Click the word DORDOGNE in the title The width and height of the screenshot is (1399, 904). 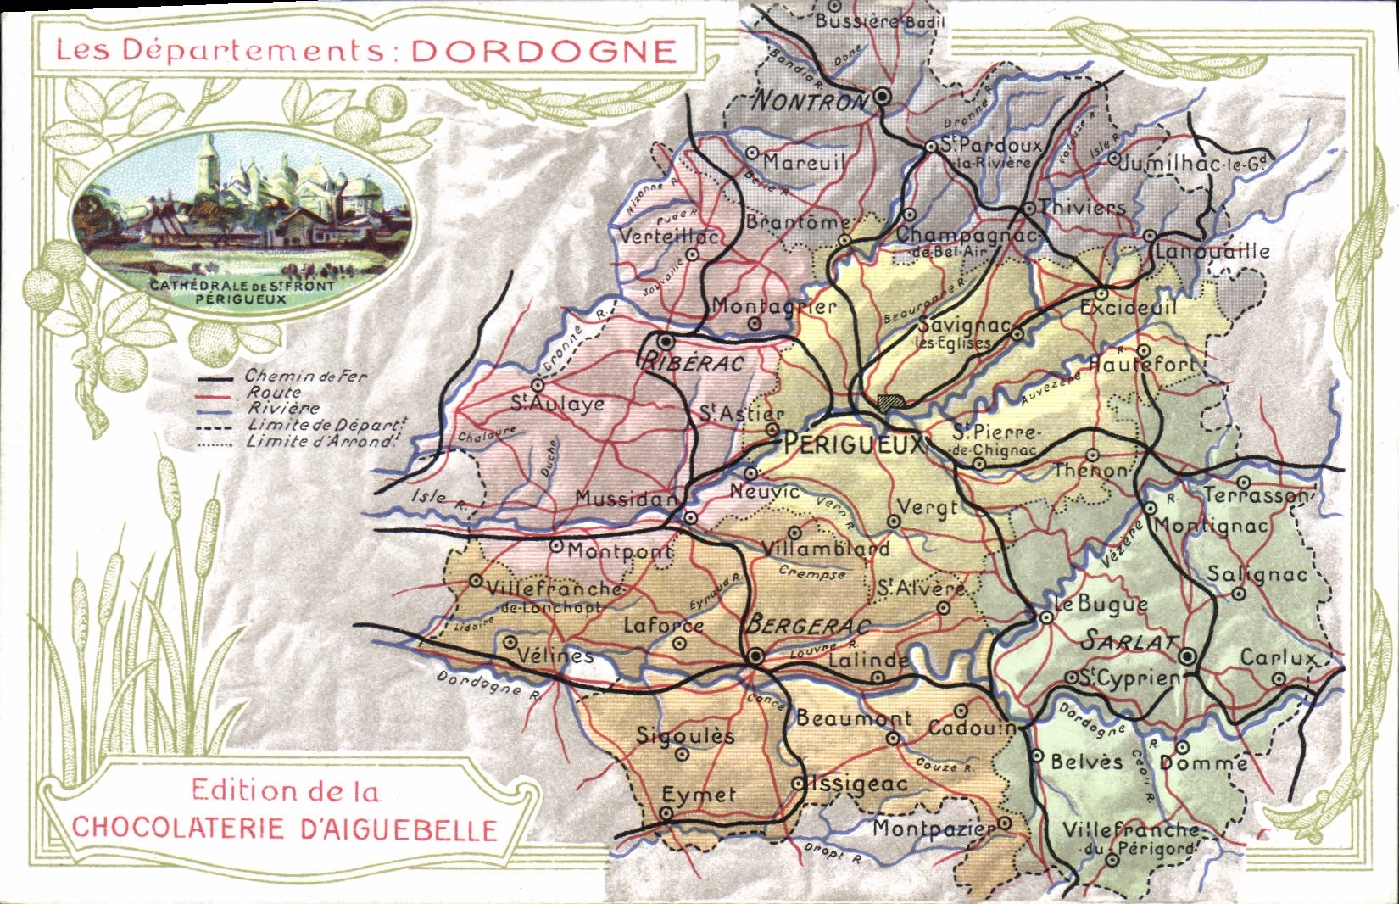[x=543, y=51]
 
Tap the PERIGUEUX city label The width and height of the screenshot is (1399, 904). [x=851, y=444]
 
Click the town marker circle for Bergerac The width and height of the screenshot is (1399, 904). [x=755, y=656]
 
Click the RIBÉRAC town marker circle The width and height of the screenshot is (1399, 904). [x=667, y=343]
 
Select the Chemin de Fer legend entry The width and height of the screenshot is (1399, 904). [x=306, y=376]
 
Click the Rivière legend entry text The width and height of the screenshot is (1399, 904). [x=283, y=408]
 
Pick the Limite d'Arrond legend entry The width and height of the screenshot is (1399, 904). [x=320, y=442]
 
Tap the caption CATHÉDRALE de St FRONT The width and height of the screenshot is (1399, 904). [x=242, y=286]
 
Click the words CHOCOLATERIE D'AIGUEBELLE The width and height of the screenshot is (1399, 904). [x=284, y=829]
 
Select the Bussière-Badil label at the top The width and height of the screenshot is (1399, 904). [x=878, y=21]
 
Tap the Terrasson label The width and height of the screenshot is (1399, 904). [x=1257, y=494]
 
